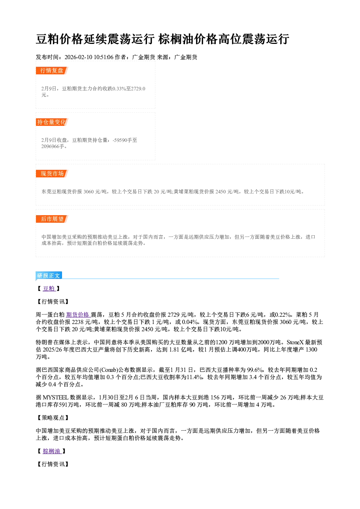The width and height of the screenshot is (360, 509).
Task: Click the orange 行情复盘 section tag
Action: (52, 70)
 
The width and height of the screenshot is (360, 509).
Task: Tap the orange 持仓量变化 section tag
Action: (52, 122)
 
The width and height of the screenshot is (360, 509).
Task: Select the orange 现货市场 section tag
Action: (52, 174)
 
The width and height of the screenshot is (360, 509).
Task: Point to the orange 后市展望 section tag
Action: (52, 219)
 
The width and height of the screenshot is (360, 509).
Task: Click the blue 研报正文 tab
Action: (49, 276)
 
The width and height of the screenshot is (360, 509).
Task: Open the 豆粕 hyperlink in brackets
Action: (49, 288)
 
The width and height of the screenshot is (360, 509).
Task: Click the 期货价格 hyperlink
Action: (78, 315)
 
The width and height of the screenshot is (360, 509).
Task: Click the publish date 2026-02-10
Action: (78, 57)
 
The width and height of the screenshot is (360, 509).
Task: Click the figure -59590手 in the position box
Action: (125, 140)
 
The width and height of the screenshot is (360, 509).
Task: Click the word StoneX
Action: (295, 342)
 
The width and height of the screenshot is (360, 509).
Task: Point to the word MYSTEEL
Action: (56, 397)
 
